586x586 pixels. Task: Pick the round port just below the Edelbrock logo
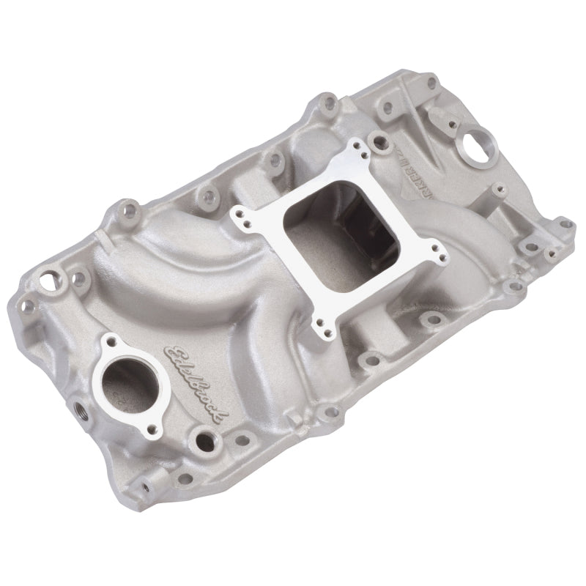tap(199, 439)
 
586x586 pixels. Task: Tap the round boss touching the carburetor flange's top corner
tap(378, 138)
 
